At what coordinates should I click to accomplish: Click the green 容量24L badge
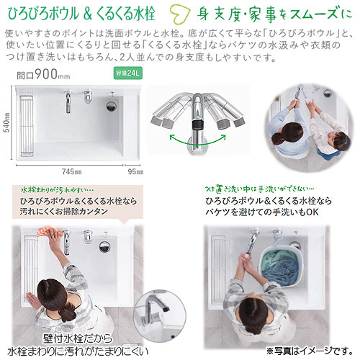point(127,73)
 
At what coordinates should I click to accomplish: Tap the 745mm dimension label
point(72,171)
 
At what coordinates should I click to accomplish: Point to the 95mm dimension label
point(135,171)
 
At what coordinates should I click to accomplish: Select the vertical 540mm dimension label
point(7,122)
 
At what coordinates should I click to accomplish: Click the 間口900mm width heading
point(43,74)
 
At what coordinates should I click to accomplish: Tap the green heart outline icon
point(180,15)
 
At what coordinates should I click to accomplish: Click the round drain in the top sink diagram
point(112,106)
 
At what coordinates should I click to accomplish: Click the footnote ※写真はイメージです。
point(310,351)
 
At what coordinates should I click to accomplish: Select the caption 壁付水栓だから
point(78,338)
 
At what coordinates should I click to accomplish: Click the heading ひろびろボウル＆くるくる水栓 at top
point(82,14)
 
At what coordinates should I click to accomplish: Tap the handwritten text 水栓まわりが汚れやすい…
point(57,190)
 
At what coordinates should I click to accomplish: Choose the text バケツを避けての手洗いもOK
point(262,212)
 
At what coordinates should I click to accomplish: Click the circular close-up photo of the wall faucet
point(160,313)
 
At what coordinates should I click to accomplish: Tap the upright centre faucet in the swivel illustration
point(197,121)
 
